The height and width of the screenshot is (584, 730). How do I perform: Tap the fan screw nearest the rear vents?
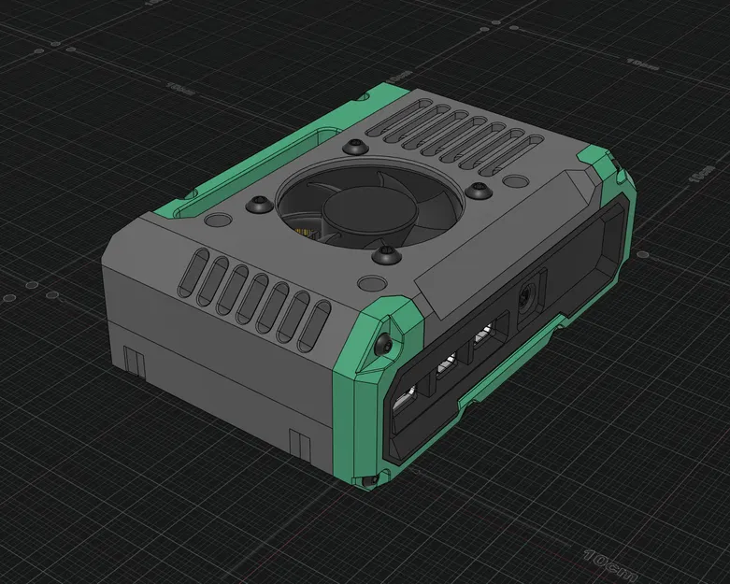click(x=352, y=148)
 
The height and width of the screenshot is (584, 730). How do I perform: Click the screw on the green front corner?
click(x=385, y=344)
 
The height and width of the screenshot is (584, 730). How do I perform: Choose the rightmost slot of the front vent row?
click(x=318, y=326)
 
